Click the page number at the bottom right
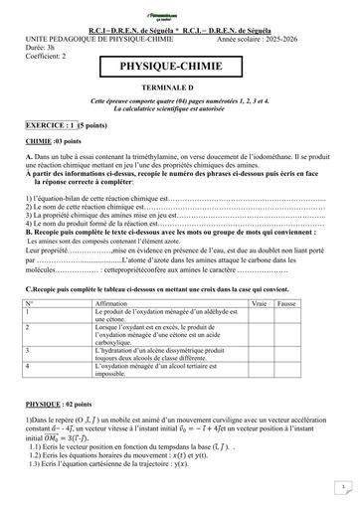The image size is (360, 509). pos(341,487)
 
